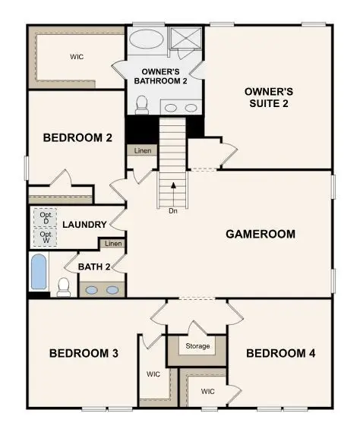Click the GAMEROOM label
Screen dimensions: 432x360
260,234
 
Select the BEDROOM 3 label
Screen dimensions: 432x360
84,353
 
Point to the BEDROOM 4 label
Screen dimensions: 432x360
281,353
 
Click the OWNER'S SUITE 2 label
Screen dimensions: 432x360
268,97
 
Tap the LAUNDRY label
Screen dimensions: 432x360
84,225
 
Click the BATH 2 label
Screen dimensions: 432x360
94,266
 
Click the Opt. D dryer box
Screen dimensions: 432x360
46,217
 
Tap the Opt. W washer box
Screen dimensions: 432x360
46,238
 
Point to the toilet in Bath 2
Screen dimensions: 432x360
65,286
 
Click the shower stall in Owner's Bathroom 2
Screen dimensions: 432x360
184,39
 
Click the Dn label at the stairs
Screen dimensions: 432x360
174,210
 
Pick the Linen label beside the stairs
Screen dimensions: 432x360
143,150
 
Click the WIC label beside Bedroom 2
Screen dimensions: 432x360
76,56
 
